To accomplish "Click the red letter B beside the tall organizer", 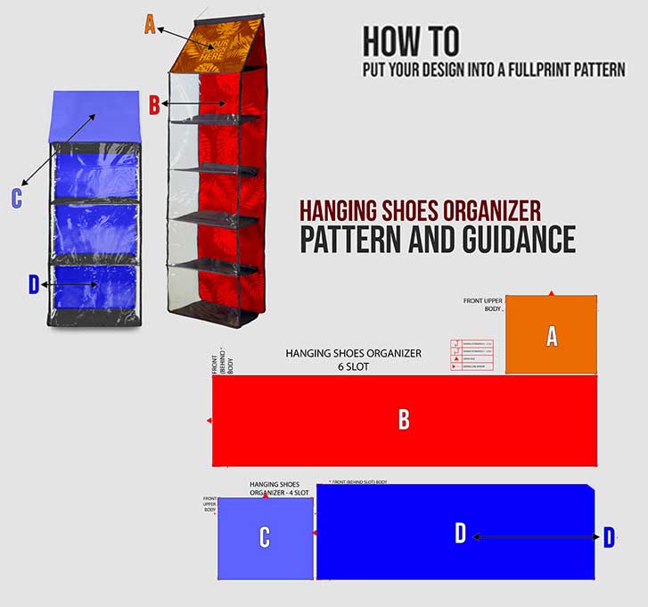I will coord(153,104).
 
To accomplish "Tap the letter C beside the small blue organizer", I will coord(16,198).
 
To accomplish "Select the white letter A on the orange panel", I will coord(552,336).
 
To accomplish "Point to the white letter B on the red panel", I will coord(404,420).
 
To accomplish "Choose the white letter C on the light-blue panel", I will coord(264,537).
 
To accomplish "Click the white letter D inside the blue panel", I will coord(460,534).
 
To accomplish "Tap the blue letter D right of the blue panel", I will coord(609,537).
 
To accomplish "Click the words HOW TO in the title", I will coord(411,42).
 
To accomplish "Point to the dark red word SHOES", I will coord(416,210).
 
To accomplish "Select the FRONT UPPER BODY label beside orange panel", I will coord(483,305).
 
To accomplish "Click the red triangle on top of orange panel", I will coord(552,293).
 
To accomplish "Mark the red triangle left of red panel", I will coord(209,420).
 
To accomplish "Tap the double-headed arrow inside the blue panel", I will coord(536,536).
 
